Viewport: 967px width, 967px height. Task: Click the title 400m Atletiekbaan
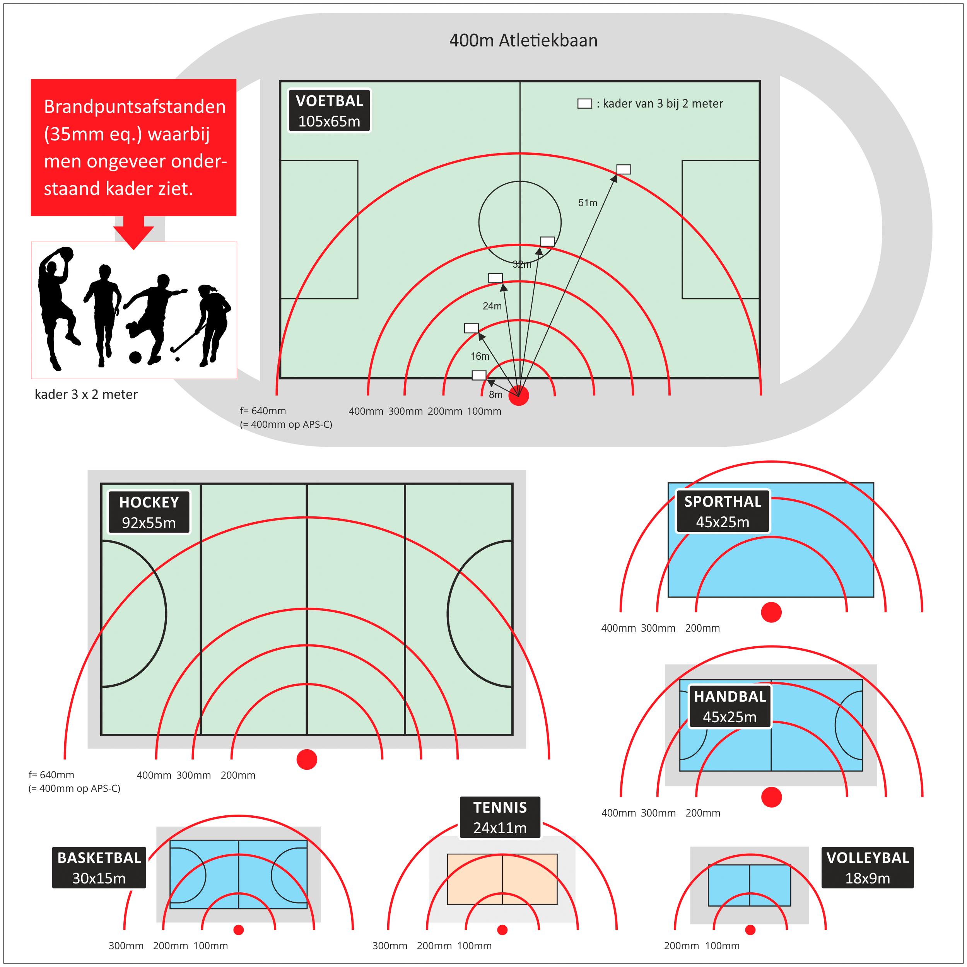[523, 41]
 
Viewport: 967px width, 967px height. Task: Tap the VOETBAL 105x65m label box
[329, 111]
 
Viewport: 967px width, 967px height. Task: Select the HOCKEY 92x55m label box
[149, 512]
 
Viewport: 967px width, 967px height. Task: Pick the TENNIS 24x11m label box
[500, 817]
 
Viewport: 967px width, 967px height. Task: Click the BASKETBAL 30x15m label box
[99, 867]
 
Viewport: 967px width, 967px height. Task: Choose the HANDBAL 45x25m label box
[730, 706]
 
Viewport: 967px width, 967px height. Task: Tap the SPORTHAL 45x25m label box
[723, 511]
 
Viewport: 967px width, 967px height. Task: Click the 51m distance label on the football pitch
[588, 203]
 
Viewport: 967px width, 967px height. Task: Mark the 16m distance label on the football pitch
[480, 356]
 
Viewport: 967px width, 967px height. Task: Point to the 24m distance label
[492, 306]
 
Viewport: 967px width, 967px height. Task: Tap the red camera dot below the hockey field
[307, 759]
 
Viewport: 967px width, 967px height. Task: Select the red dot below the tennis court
[502, 929]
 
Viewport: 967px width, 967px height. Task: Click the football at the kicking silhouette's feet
[135, 357]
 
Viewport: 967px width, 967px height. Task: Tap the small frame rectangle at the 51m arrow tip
[624, 169]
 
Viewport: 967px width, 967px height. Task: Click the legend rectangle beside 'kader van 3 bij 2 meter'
[584, 104]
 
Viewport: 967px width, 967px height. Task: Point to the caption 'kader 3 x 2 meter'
[86, 395]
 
